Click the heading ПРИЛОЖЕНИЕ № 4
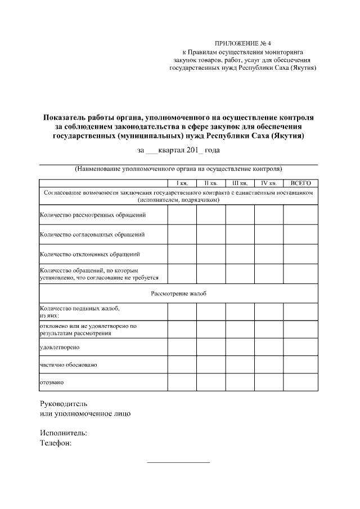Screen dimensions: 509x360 click(243, 43)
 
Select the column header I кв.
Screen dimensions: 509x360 click(182, 183)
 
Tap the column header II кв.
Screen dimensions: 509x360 click(211, 183)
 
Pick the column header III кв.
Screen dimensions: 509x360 click(240, 183)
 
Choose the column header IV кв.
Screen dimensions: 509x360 click(268, 183)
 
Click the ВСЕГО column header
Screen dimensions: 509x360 click(300, 183)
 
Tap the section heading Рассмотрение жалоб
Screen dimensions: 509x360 click(178, 294)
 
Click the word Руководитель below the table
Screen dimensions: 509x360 click(64, 404)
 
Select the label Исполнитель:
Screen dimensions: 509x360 click(63, 433)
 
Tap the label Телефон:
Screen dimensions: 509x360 click(56, 443)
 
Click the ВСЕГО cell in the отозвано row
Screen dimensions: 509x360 click(300, 382)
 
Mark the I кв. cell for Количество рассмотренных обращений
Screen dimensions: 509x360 click(182, 215)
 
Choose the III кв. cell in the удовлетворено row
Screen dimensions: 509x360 click(240, 347)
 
